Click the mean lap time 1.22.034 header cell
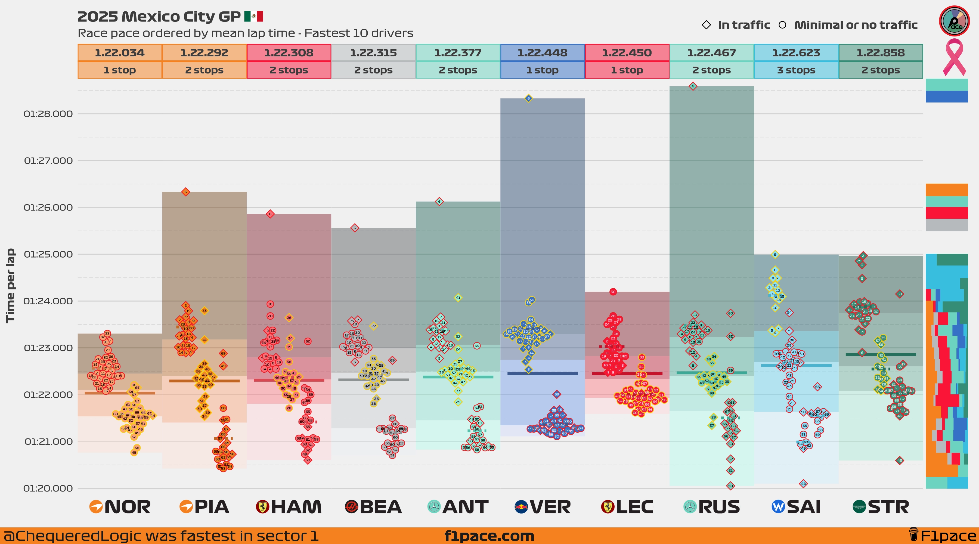[x=120, y=52]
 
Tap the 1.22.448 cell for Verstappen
[x=542, y=52]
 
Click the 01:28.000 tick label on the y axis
[x=48, y=114]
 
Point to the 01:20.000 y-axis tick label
[x=48, y=489]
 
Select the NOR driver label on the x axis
[x=127, y=507]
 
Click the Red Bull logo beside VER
[x=521, y=507]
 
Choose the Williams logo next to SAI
[x=778, y=507]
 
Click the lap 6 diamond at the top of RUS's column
[x=693, y=86]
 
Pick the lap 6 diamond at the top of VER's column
[x=528, y=98]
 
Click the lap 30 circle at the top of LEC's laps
[x=613, y=292]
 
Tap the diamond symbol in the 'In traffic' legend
[x=706, y=25]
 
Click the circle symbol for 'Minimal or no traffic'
[x=782, y=25]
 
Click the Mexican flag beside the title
[x=253, y=16]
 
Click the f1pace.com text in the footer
[x=489, y=536]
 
